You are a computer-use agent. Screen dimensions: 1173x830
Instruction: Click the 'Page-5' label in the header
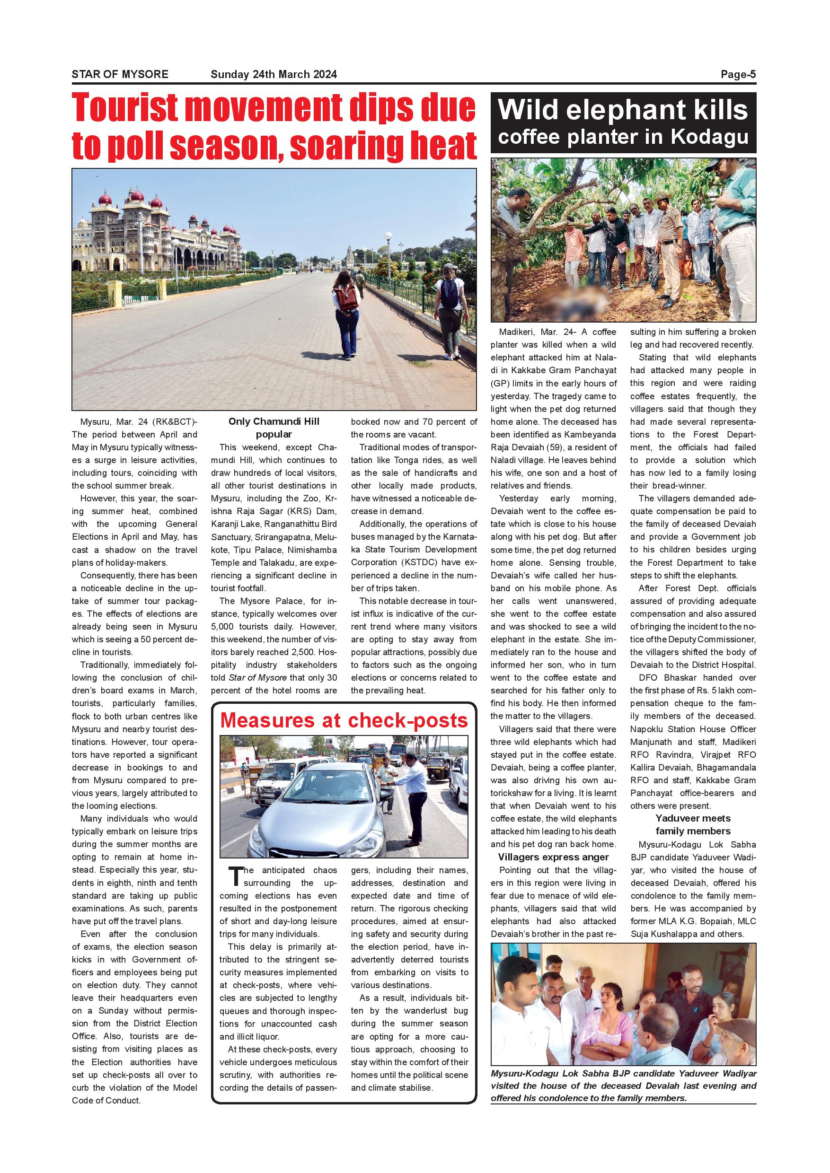[x=738, y=75]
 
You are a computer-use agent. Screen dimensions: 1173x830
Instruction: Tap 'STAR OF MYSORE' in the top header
[x=120, y=75]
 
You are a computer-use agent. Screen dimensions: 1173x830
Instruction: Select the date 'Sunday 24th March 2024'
[x=274, y=75]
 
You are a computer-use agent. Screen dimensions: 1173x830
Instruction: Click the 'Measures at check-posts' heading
[x=344, y=720]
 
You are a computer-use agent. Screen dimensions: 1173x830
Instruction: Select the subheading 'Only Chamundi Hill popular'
[x=274, y=428]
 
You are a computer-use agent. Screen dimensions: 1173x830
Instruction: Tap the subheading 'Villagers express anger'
[x=553, y=857]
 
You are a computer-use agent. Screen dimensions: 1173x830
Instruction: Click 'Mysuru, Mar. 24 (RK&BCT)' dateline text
[x=138, y=422]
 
